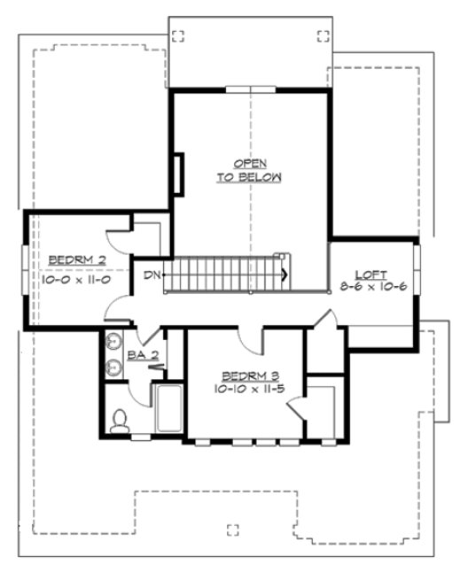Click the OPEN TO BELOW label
[249, 171]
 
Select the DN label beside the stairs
[152, 275]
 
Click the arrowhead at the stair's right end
[284, 275]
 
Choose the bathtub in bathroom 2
[168, 409]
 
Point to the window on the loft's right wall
[416, 273]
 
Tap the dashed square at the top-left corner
[178, 36]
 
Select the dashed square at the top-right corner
[322, 36]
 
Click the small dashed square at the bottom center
[233, 530]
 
